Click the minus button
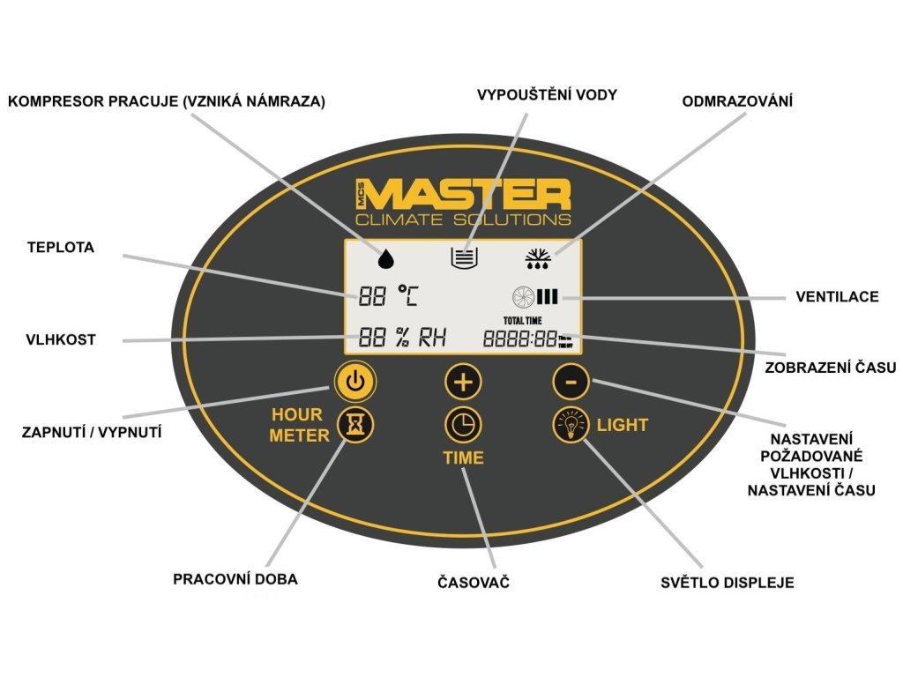(571, 383)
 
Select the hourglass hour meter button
(356, 426)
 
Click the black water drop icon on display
(385, 257)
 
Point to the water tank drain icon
(464, 257)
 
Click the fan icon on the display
(522, 297)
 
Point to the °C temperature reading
(388, 296)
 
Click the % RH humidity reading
(402, 338)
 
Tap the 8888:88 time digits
(519, 338)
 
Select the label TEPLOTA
(60, 249)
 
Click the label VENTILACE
(837, 296)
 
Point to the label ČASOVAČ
(474, 583)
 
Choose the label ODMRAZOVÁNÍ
(737, 101)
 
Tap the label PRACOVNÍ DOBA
(235, 579)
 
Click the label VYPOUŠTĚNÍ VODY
(547, 94)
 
